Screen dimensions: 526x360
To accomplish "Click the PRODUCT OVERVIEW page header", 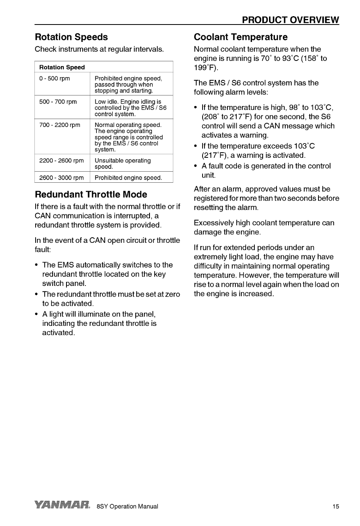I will [x=290, y=20].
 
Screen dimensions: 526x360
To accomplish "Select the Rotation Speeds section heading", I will [x=71, y=37].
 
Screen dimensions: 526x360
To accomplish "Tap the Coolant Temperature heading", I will [x=241, y=37].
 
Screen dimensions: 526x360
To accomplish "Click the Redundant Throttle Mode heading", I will [x=91, y=195].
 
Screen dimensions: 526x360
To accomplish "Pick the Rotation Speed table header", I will [x=62, y=67].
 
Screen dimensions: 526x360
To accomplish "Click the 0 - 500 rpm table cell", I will [x=55, y=78].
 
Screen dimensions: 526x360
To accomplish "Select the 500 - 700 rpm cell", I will [x=58, y=102].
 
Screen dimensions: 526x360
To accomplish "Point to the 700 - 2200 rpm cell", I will [x=60, y=125].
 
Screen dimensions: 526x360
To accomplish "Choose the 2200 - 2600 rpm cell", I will [x=62, y=161].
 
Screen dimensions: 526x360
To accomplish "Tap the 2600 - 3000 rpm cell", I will [x=62, y=178].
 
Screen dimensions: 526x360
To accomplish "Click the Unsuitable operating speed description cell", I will [x=123, y=164].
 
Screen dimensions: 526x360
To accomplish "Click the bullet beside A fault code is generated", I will [x=196, y=166].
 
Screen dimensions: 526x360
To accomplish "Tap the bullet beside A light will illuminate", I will [x=37, y=314].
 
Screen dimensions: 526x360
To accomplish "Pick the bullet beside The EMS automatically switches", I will [x=37, y=265].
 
